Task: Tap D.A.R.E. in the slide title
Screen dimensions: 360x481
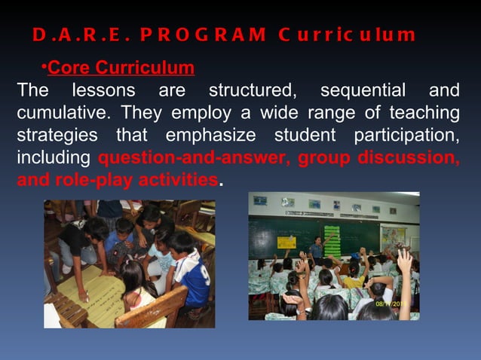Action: coord(78,35)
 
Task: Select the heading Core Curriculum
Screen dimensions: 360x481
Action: coord(121,69)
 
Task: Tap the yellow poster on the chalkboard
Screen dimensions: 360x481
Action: coord(286,242)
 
